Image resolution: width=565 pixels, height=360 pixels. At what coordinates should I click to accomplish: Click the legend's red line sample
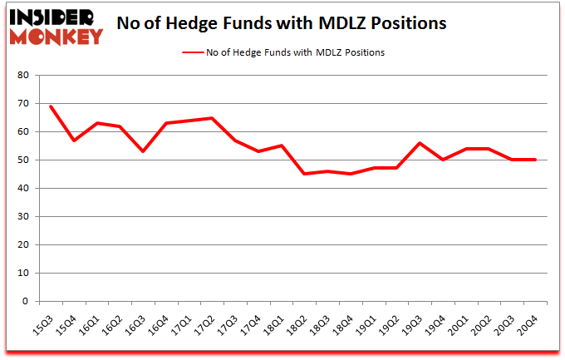pyautogui.click(x=194, y=52)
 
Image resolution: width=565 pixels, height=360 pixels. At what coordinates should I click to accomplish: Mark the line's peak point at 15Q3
pyautogui.click(x=52, y=106)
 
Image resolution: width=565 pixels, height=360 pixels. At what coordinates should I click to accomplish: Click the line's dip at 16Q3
pyautogui.click(x=144, y=151)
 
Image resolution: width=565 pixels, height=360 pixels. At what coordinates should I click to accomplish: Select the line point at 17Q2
pyautogui.click(x=213, y=118)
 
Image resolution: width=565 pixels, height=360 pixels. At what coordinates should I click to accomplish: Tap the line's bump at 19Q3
pyautogui.click(x=420, y=143)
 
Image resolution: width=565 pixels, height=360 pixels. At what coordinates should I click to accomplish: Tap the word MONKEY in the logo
pyautogui.click(x=56, y=35)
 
